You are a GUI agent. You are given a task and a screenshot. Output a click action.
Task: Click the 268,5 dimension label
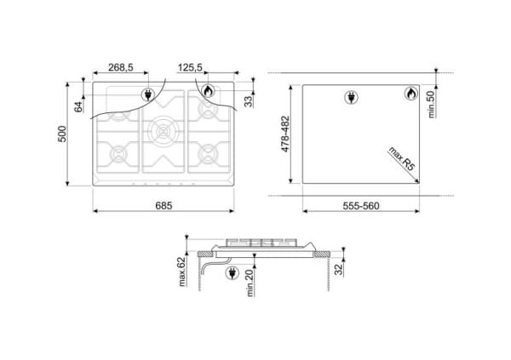click(x=121, y=67)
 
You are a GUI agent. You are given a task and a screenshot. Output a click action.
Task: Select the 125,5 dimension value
click(x=190, y=67)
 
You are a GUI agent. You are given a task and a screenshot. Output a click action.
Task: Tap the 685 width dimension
click(x=164, y=206)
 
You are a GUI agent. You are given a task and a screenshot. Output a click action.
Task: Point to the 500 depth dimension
click(x=62, y=134)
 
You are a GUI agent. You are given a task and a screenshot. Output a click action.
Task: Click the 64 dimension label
click(x=78, y=107)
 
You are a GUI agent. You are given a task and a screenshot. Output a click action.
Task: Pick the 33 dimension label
click(x=249, y=101)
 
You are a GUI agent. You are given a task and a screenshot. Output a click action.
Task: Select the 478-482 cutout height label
click(x=285, y=134)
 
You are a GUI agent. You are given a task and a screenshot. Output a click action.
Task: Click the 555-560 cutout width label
click(x=361, y=206)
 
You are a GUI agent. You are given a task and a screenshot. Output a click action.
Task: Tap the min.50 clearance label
click(x=431, y=104)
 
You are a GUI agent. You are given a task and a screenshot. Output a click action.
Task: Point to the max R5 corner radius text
click(x=402, y=158)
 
